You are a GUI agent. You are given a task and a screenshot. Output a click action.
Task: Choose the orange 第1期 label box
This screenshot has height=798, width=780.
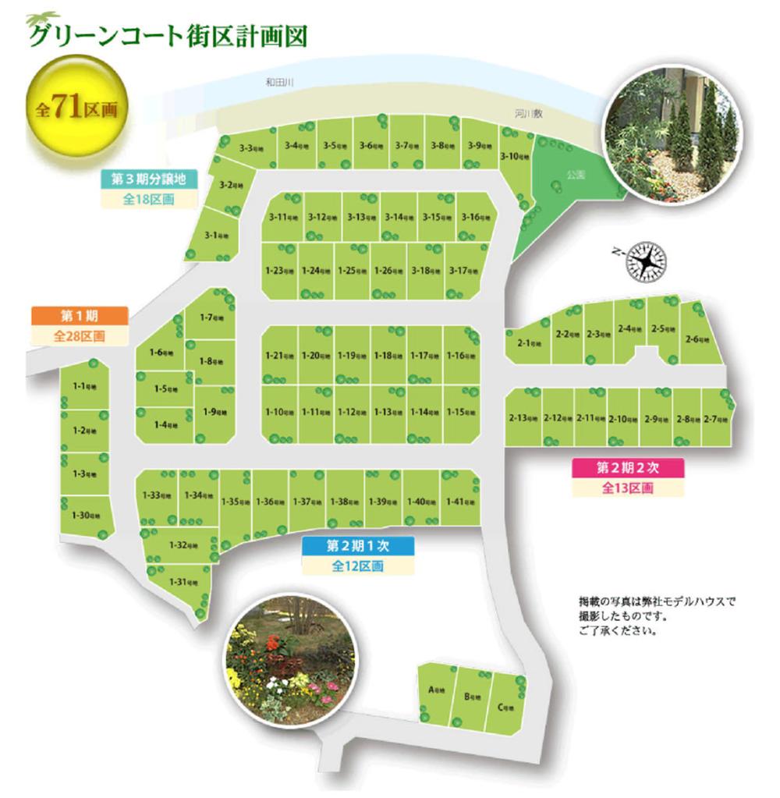point(78,316)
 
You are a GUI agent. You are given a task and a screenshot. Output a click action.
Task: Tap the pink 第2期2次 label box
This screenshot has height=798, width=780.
point(628,467)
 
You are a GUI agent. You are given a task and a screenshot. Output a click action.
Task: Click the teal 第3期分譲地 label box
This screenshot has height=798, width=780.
point(149,179)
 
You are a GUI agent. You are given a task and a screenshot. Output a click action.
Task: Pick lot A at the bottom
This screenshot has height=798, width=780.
point(436,690)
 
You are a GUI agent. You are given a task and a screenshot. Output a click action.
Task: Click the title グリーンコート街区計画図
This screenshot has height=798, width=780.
point(166,36)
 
